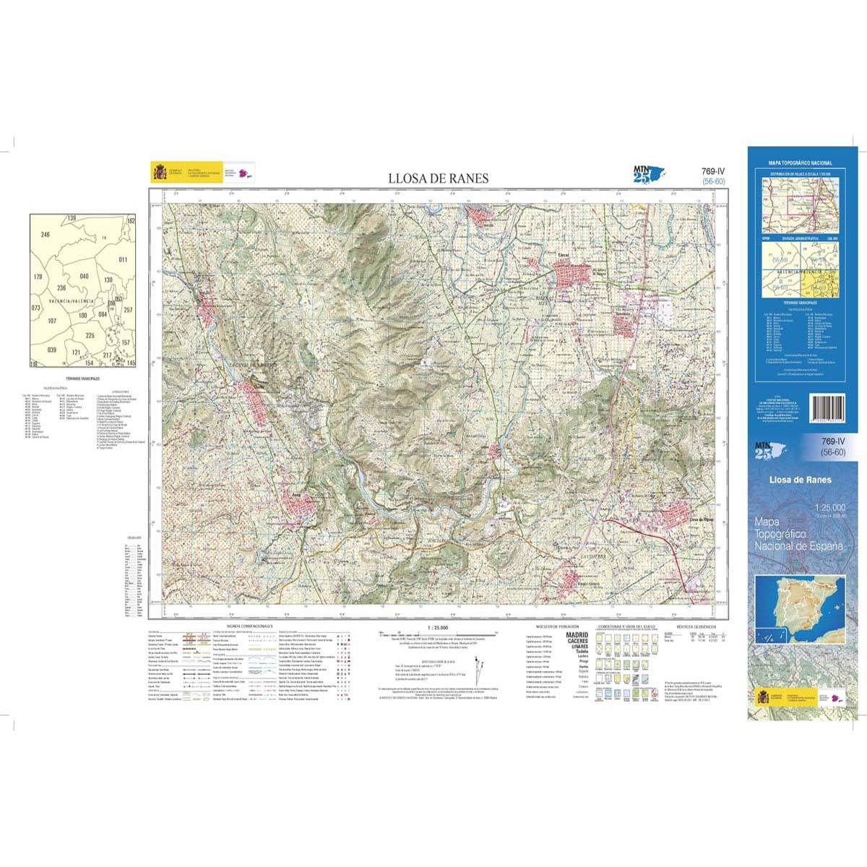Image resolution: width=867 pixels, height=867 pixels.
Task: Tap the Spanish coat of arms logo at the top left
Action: tap(158, 173)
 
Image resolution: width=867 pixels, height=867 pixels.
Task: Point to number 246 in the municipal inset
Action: tap(46, 235)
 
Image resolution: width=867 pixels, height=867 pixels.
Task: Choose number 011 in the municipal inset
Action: tap(123, 259)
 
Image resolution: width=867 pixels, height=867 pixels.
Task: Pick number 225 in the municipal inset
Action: tap(90, 336)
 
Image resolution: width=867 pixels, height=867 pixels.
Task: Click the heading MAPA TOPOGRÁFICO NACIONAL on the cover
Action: tap(800, 165)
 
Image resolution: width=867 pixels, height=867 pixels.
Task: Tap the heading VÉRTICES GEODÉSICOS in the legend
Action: tap(696, 626)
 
